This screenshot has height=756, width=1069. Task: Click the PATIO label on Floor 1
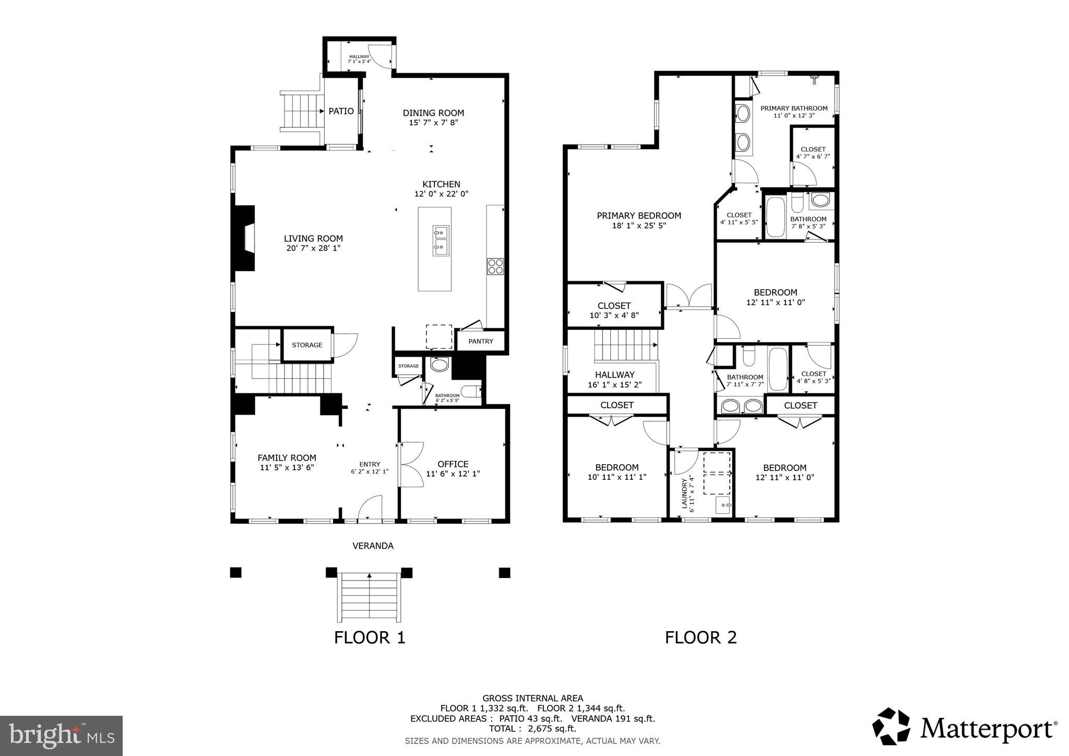pos(341,111)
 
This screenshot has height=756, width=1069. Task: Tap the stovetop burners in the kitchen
pos(495,266)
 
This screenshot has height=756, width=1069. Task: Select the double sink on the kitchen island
pos(441,241)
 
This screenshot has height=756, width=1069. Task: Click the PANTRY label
pos(480,341)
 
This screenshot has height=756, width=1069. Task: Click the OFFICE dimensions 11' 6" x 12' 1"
pos(453,474)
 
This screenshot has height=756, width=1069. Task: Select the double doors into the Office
pos(411,465)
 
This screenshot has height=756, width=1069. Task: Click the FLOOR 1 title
pos(370,637)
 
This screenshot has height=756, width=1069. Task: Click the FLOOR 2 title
pos(700,637)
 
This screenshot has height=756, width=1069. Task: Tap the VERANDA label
pos(373,546)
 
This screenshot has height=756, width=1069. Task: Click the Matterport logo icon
pos(890,726)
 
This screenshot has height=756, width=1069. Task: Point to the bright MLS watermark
pos(61,736)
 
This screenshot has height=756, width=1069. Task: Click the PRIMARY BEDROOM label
pos(639,216)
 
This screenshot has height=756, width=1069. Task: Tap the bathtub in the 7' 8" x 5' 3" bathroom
pos(775,217)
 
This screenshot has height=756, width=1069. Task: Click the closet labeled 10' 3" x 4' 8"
pos(614,310)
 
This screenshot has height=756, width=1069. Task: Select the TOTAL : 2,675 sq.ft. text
pos(532,729)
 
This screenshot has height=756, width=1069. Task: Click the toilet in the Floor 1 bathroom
pos(472,391)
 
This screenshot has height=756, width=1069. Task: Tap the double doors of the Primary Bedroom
pos(689,297)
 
